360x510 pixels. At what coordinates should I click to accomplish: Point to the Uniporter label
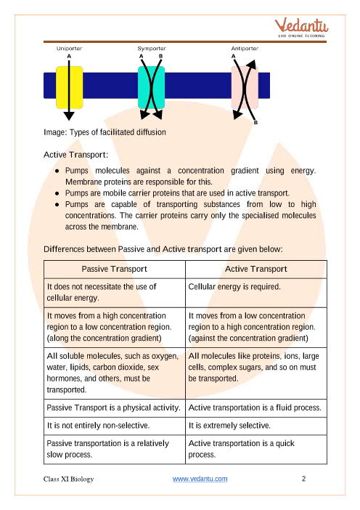click(69, 48)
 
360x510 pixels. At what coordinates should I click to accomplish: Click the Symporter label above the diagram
click(150, 48)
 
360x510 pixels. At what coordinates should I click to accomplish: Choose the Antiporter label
click(240, 48)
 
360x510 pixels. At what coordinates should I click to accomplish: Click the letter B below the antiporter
click(256, 124)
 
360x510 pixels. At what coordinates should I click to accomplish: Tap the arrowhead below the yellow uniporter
click(69, 115)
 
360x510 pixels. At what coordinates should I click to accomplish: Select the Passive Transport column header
click(113, 269)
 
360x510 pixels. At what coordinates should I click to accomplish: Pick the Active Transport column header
click(256, 269)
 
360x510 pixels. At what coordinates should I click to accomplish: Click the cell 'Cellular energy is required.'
click(234, 287)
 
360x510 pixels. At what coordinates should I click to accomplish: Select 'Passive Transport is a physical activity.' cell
click(112, 408)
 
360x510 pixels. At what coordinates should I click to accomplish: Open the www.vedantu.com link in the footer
click(200, 479)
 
